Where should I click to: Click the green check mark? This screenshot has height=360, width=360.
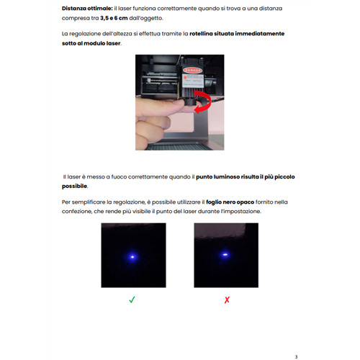point(132,299)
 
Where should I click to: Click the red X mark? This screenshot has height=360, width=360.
point(227,299)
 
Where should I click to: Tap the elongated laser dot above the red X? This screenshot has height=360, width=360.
point(225,254)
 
